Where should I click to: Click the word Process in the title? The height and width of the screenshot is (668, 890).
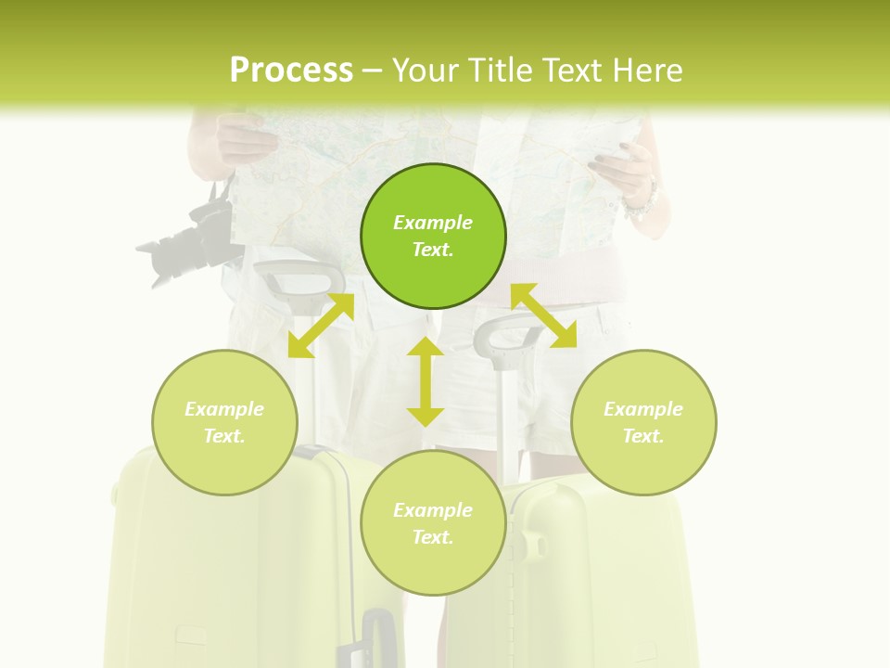[x=291, y=71]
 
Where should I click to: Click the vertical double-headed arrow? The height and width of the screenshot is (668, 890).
[x=426, y=381]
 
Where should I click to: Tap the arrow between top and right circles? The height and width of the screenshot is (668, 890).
[x=544, y=315]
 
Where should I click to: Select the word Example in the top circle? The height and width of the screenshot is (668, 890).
[x=433, y=223]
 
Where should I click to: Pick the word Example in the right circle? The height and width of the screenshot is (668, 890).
[x=643, y=409]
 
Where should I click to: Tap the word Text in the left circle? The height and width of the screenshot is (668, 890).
[x=224, y=436]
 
